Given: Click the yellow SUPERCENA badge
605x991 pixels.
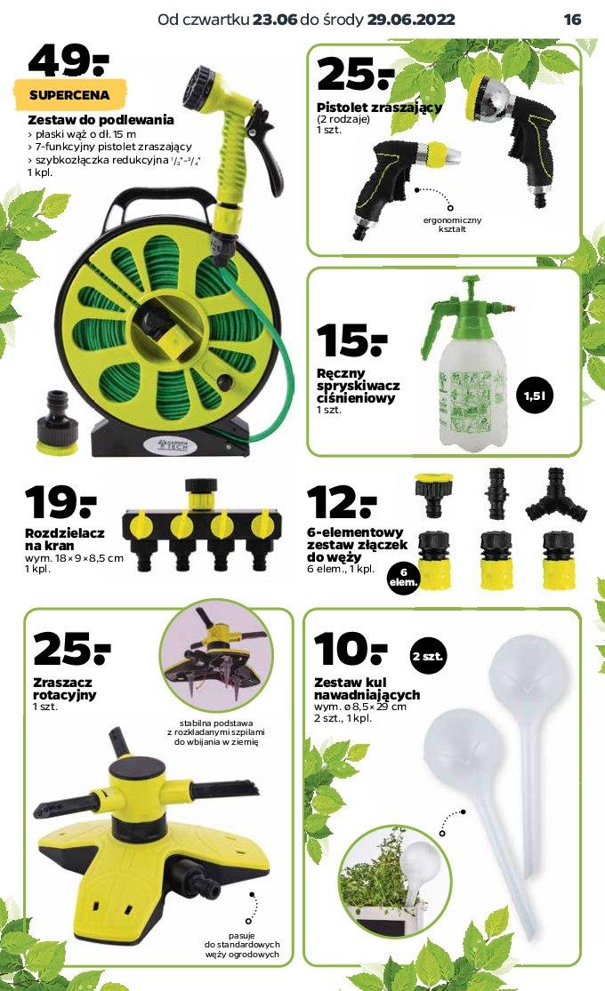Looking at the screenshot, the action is click(69, 95).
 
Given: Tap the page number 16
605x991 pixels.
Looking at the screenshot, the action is click(572, 20).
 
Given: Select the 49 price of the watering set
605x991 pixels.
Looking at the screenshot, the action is click(69, 60).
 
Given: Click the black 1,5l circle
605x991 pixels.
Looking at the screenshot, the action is click(535, 396).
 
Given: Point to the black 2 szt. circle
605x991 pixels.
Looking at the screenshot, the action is click(428, 656).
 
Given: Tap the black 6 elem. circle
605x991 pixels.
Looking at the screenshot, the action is click(404, 577).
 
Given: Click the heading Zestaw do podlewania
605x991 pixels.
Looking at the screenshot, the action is click(101, 119).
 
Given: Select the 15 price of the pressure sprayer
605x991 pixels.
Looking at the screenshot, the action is click(351, 340).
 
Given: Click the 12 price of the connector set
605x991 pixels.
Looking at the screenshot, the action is click(342, 503).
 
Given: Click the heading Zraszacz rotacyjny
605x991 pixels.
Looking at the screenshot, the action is click(65, 688).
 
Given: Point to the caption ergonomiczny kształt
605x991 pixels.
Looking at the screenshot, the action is click(452, 224).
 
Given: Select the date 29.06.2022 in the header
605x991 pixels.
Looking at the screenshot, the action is click(411, 20).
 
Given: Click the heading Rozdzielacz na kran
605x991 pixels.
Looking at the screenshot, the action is click(65, 539).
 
